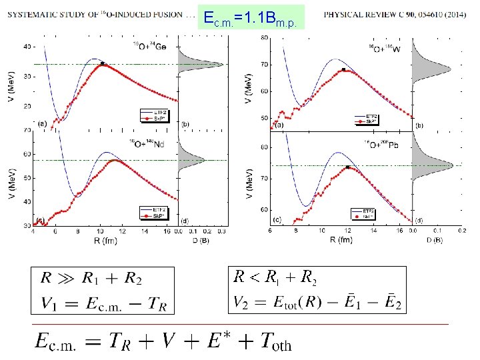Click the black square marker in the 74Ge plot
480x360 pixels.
pos(102,63)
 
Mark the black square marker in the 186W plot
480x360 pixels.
pos(343,69)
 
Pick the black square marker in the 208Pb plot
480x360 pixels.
pos(347,167)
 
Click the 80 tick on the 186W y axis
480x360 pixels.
pos(264,38)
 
